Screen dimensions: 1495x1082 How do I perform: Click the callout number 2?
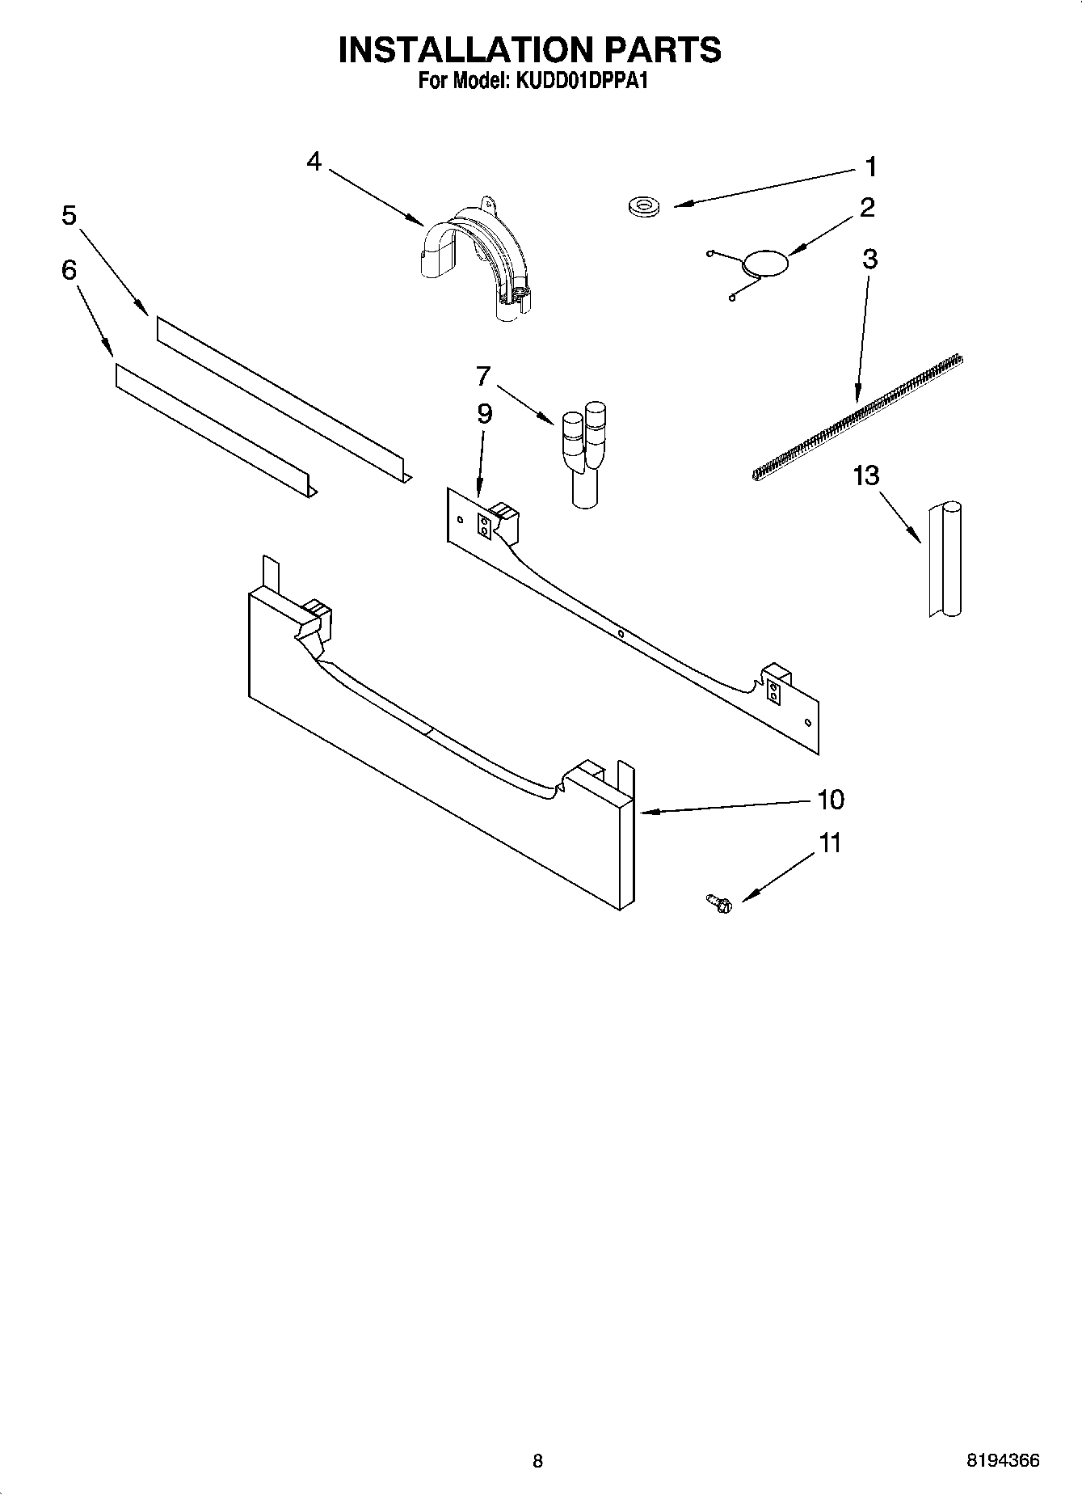pyautogui.click(x=867, y=208)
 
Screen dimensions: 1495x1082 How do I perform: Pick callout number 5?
pyautogui.click(x=69, y=216)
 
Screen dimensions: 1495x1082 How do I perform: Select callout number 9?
pyautogui.click(x=484, y=414)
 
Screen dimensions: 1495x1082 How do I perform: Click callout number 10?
pyautogui.click(x=830, y=800)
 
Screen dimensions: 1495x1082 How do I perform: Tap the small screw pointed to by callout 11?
pyautogui.click(x=718, y=903)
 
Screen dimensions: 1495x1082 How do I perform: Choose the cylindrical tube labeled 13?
pyautogui.click(x=945, y=560)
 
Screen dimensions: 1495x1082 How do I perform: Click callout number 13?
pyautogui.click(x=865, y=475)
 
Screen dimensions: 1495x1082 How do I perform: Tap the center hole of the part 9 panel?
pyautogui.click(x=620, y=635)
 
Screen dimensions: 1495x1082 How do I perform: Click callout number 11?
pyautogui.click(x=830, y=843)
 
